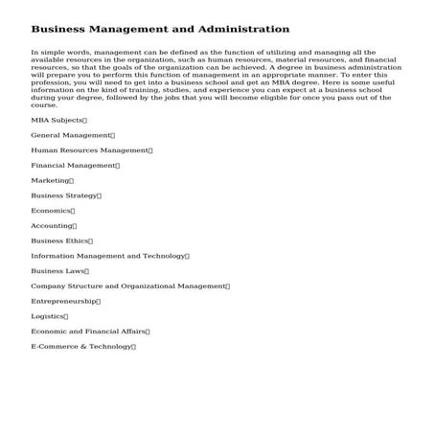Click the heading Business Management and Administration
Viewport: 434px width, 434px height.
click(x=160, y=30)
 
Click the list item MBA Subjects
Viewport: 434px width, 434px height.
click(x=57, y=120)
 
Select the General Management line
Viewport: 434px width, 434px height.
click(x=71, y=135)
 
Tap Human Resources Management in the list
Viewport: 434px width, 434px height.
click(x=90, y=150)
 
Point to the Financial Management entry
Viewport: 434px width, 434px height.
click(x=74, y=166)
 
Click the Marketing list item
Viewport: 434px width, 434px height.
click(x=51, y=180)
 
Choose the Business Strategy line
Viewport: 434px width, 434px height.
click(x=64, y=195)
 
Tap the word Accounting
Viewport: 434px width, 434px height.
click(x=52, y=226)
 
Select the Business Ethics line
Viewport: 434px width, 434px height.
click(x=60, y=240)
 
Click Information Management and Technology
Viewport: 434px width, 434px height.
click(x=108, y=256)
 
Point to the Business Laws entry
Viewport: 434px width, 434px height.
click(x=58, y=271)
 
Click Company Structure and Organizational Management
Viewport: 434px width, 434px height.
click(x=128, y=286)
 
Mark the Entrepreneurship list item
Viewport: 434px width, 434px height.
click(x=64, y=301)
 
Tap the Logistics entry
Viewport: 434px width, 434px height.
click(x=48, y=316)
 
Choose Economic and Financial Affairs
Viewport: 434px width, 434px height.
click(x=88, y=331)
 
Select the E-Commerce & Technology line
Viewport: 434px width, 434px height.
click(x=81, y=346)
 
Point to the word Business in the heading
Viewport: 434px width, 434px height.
click(x=59, y=30)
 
